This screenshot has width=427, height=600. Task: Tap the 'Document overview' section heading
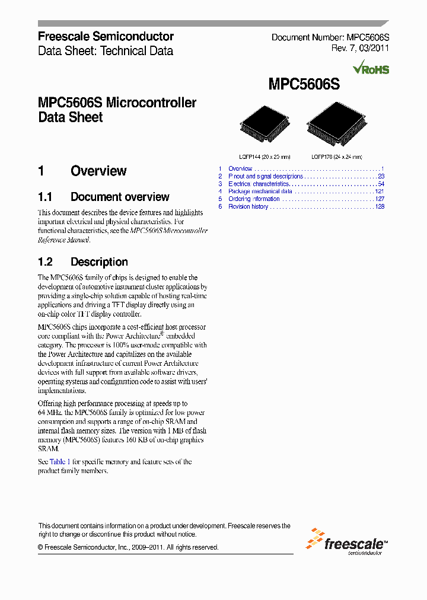[x=119, y=197]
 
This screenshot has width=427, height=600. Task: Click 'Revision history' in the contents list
[x=248, y=206]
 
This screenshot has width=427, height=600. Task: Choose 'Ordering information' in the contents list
[x=254, y=199]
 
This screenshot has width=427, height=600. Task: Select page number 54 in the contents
[x=381, y=184]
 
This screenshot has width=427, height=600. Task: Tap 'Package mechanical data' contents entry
[x=260, y=192]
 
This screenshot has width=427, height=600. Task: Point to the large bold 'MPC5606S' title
[x=304, y=85]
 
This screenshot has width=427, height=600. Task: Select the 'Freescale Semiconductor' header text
[x=106, y=36]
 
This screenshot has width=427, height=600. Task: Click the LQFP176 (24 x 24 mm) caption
[x=337, y=157]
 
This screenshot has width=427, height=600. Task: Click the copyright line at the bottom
[x=128, y=547]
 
